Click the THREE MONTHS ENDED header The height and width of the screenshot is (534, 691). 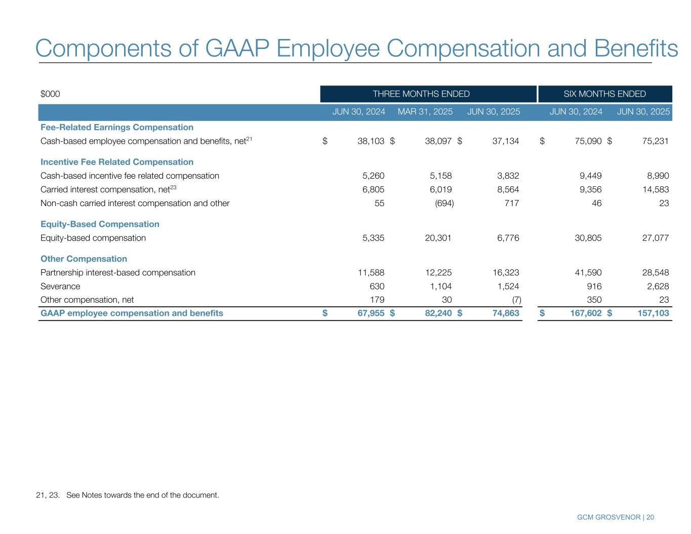pos(421,94)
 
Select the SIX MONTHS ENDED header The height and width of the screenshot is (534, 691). pos(605,94)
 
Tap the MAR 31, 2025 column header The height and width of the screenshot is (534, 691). pos(425,111)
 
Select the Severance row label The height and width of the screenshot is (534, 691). pos(60,286)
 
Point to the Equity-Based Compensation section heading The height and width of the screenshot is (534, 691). pos(100,224)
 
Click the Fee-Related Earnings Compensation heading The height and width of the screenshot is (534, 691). pos(117,127)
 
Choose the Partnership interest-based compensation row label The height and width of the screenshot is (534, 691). pos(117,272)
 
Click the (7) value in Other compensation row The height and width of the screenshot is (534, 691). pos(516,299)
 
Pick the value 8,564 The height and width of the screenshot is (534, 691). pos(506,189)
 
